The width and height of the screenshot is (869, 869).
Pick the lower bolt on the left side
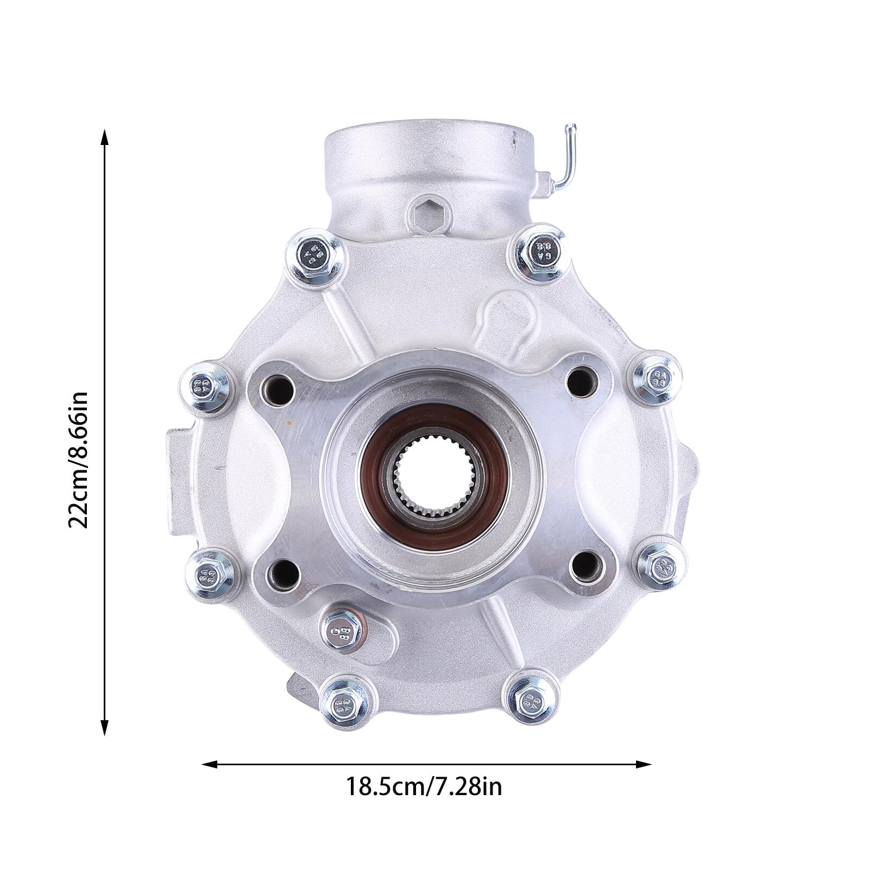210,573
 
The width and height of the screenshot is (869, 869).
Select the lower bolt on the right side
659,566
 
